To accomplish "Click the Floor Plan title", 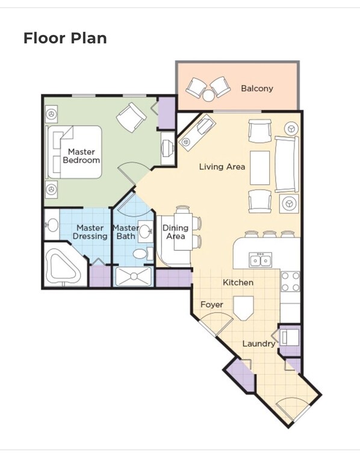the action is click(65, 39).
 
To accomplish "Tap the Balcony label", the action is click(257, 89).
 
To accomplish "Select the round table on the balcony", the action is click(208, 95).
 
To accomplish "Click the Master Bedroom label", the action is click(81, 156).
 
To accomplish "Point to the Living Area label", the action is click(222, 167).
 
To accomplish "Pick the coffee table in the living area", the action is click(260, 167).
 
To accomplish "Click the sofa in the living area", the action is click(287, 164).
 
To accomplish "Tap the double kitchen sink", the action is click(261, 260).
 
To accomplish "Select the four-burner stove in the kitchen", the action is click(290, 281).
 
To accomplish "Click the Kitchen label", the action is click(238, 283).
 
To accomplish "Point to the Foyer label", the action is click(212, 305).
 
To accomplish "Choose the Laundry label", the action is click(259, 344).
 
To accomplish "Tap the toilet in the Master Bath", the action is click(140, 254).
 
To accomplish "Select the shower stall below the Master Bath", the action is click(134, 276).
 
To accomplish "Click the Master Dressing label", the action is click(90, 232).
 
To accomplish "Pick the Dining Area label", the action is click(175, 232).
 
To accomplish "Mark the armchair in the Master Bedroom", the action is click(131, 117).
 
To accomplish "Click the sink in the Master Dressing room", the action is click(52, 225).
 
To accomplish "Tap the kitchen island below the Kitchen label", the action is click(243, 308).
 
